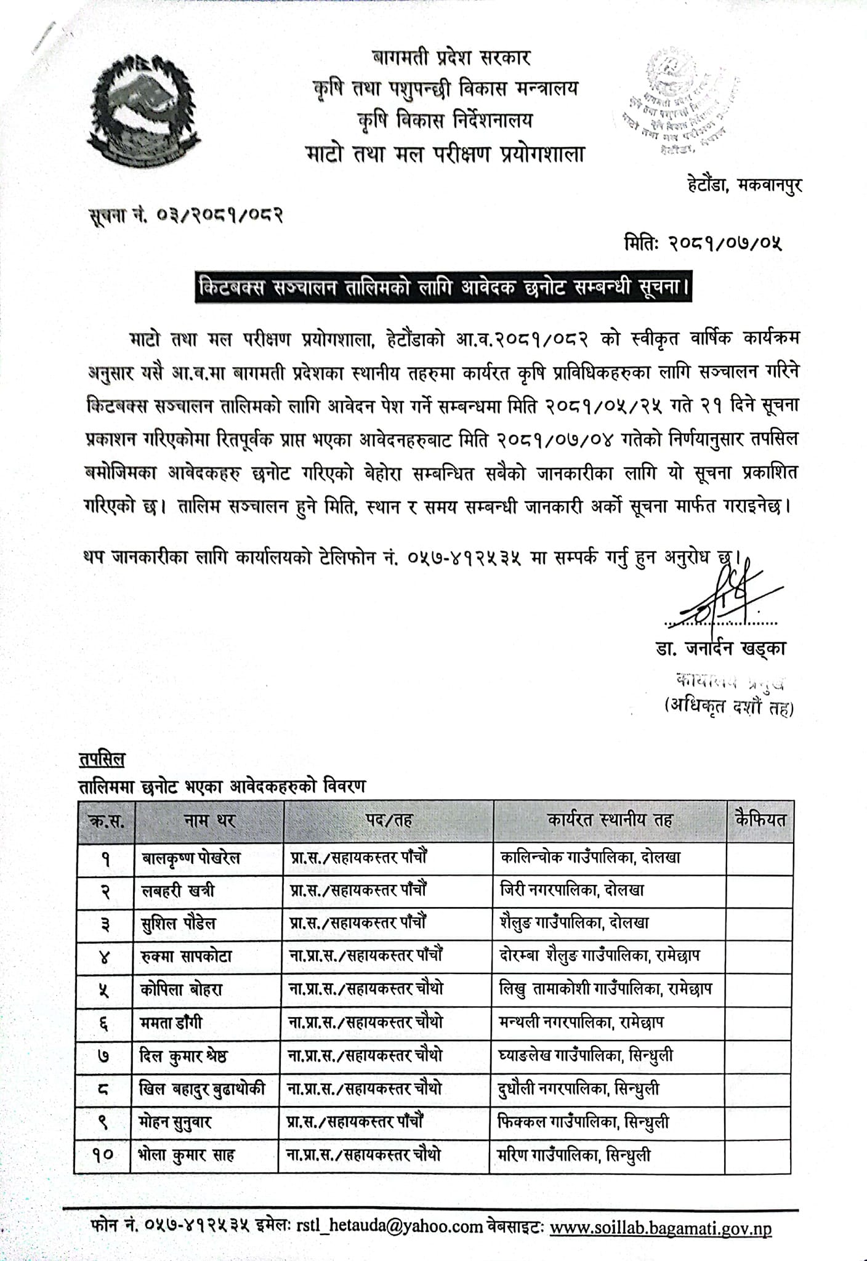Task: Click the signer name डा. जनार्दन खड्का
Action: [720, 648]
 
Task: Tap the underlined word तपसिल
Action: [102, 759]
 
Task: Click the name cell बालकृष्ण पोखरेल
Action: [190, 857]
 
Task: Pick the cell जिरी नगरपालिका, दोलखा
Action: [573, 890]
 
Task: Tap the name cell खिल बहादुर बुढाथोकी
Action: [203, 1089]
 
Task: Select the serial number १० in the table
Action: [103, 1155]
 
